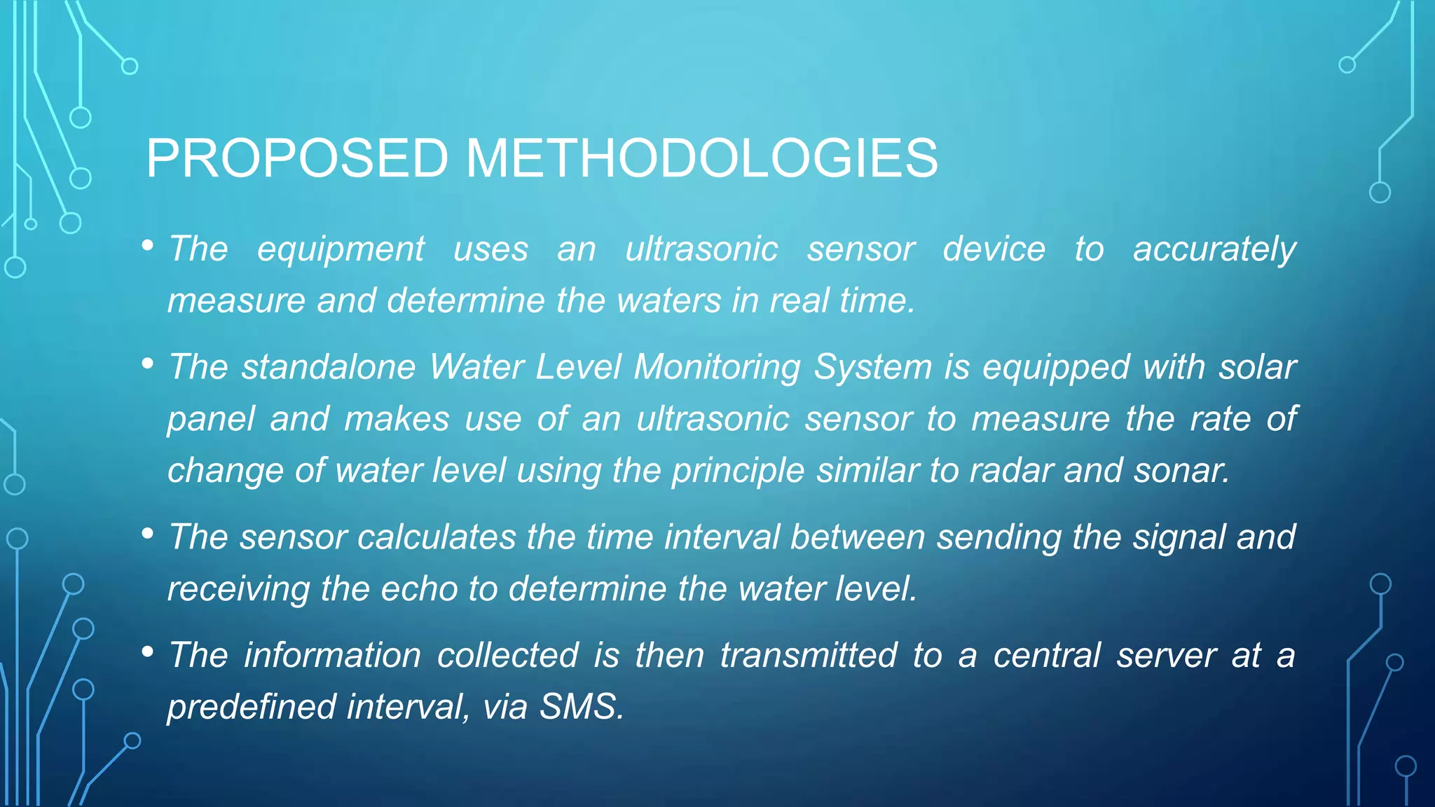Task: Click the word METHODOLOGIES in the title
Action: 701,158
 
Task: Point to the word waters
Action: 669,301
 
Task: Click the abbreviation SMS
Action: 581,707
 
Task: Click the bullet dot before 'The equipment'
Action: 147,246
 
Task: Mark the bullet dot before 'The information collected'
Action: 147,652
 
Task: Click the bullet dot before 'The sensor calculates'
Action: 147,534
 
